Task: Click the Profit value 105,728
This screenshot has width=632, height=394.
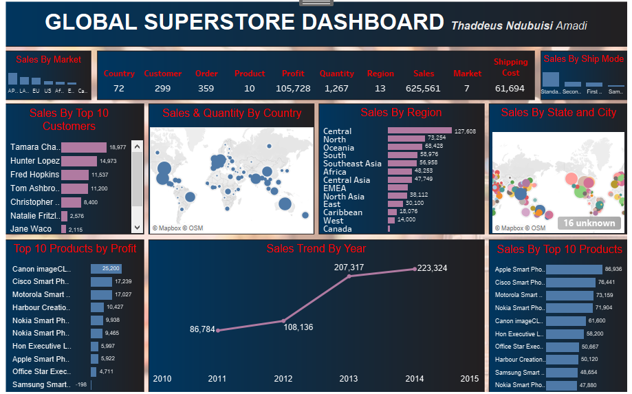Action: tap(293, 89)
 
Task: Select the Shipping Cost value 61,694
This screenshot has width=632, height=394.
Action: tap(510, 89)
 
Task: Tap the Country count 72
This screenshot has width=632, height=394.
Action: tap(118, 89)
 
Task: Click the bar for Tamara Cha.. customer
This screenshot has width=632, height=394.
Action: tap(84, 147)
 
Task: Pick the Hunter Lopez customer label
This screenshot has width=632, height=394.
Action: tap(34, 161)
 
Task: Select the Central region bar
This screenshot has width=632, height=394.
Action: tap(419, 131)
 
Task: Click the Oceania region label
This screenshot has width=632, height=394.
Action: tap(338, 148)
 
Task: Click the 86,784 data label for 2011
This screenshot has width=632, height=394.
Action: tap(202, 330)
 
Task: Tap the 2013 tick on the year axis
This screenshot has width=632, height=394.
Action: tap(349, 379)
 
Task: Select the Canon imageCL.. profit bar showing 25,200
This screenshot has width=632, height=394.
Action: tap(106, 269)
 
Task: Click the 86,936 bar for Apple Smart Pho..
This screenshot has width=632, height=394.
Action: tap(574, 270)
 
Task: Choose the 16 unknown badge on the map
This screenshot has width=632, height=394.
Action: tap(589, 223)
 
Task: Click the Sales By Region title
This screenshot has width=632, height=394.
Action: tap(401, 113)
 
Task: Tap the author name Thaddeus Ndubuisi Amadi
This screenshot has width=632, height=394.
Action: tap(519, 26)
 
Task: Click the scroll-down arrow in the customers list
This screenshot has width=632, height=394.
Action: tap(137, 228)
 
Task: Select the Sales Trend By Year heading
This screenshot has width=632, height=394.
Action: tap(316, 249)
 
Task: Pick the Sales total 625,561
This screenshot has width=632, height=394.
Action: tap(423, 89)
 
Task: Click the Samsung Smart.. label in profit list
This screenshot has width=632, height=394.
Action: tap(41, 384)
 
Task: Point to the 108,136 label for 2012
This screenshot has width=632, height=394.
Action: tap(298, 327)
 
